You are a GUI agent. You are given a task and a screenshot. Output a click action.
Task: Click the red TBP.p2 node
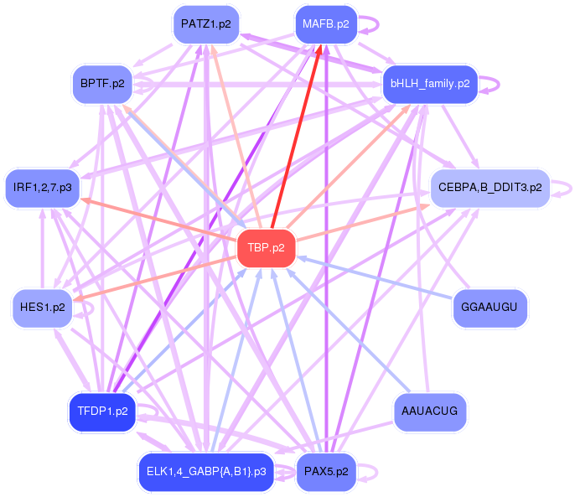[x=267, y=248]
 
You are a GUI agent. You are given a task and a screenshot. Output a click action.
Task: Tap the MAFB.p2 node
[x=326, y=24]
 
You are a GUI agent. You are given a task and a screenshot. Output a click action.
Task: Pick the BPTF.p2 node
[x=102, y=84]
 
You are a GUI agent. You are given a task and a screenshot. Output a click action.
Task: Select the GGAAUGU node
[x=490, y=308]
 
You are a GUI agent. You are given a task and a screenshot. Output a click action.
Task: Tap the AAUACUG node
[x=429, y=412]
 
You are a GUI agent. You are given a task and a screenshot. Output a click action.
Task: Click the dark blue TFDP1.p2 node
[x=102, y=412]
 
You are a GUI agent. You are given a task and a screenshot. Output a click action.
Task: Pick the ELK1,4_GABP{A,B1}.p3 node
[x=205, y=472]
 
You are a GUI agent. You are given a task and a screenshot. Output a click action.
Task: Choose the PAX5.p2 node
[x=326, y=472]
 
